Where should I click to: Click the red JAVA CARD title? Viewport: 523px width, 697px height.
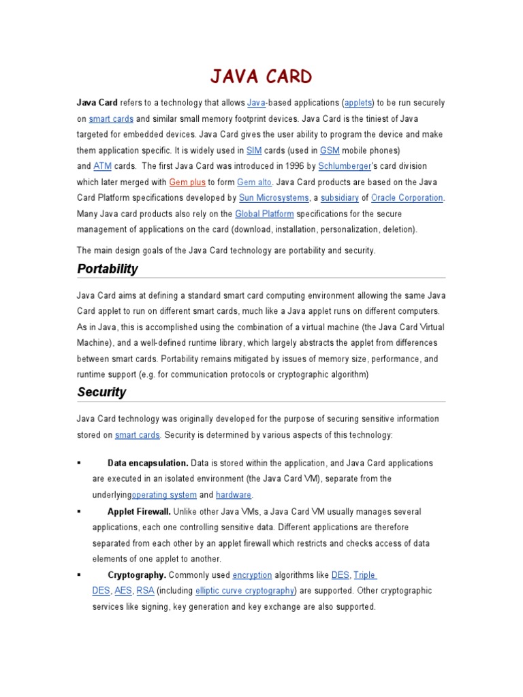(261, 76)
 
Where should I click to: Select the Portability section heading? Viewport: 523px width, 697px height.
(108, 269)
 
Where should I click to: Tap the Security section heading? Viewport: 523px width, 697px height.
(101, 392)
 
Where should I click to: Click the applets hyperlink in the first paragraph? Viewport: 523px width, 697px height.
(358, 103)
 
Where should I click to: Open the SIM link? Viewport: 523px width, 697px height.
(253, 150)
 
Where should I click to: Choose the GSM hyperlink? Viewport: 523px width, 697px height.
(330, 150)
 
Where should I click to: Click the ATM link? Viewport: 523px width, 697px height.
(101, 166)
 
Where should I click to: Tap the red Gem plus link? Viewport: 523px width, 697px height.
(187, 182)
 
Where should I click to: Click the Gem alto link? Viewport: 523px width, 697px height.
(254, 182)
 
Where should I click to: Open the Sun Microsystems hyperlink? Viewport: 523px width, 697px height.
(274, 198)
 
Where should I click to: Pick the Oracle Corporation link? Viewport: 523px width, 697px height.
(407, 198)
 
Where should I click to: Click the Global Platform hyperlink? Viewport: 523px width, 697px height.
(264, 214)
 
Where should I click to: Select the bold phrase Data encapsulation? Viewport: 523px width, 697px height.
(148, 463)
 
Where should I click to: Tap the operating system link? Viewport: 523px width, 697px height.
(164, 495)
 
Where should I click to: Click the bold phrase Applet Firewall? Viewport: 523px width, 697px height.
(139, 511)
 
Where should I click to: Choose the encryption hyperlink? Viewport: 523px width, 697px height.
(252, 575)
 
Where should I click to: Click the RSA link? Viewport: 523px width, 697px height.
(145, 591)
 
